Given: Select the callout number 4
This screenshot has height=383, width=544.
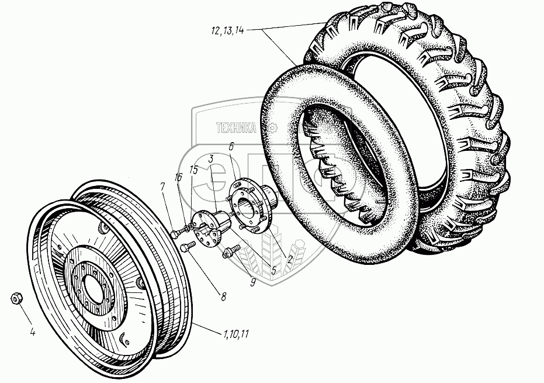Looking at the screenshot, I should [x=33, y=333].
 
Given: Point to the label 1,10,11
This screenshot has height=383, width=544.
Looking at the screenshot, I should [x=236, y=334].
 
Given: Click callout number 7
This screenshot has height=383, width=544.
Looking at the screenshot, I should [x=162, y=186].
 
